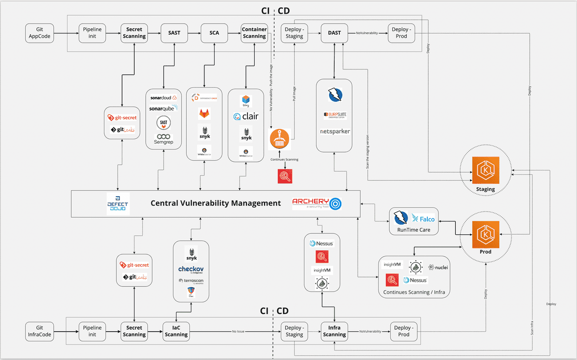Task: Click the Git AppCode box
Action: click(x=40, y=33)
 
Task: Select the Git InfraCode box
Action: click(x=40, y=331)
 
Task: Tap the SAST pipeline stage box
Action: click(x=174, y=33)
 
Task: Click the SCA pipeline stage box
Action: click(x=214, y=33)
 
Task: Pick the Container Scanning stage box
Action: click(x=254, y=33)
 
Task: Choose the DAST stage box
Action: click(x=334, y=33)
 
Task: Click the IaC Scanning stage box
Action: click(x=176, y=331)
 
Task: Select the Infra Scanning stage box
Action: click(x=334, y=331)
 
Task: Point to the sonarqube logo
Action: click(x=163, y=108)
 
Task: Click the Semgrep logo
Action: click(x=163, y=139)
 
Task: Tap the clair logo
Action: click(x=246, y=116)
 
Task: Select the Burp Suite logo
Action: click(x=334, y=115)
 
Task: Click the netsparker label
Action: click(x=334, y=132)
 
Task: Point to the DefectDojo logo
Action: click(x=117, y=203)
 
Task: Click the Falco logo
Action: click(x=423, y=219)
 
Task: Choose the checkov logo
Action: click(x=191, y=270)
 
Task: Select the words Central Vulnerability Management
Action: click(x=216, y=203)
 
